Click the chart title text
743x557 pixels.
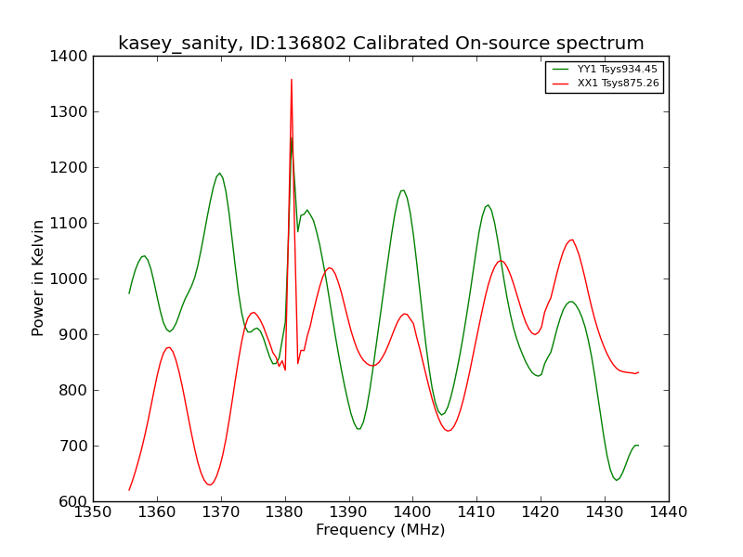pyautogui.click(x=381, y=44)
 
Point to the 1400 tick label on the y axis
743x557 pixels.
pyautogui.click(x=69, y=57)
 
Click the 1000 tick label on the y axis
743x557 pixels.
pyautogui.click(x=69, y=279)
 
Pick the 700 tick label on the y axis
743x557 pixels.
pyautogui.click(x=74, y=447)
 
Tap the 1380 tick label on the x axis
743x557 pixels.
pyautogui.click(x=285, y=512)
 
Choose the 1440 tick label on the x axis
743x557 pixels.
pyautogui.click(x=669, y=512)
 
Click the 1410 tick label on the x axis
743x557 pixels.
pyautogui.click(x=476, y=512)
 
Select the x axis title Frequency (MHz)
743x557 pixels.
pyautogui.click(x=381, y=530)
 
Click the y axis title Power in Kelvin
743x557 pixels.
pyautogui.click(x=38, y=278)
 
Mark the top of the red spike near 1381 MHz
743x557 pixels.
pyautogui.click(x=292, y=80)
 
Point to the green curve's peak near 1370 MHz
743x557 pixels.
pyautogui.click(x=219, y=174)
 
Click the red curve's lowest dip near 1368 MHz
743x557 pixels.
pyautogui.click(x=209, y=485)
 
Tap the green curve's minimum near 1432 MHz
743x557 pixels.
pyautogui.click(x=617, y=480)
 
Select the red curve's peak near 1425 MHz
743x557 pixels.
pyautogui.click(x=572, y=240)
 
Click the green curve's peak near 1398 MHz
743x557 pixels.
pyautogui.click(x=403, y=190)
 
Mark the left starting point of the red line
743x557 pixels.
pyautogui.click(x=129, y=490)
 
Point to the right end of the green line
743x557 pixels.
pyautogui.click(x=639, y=446)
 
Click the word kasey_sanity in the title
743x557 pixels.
pyautogui.click(x=177, y=44)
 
